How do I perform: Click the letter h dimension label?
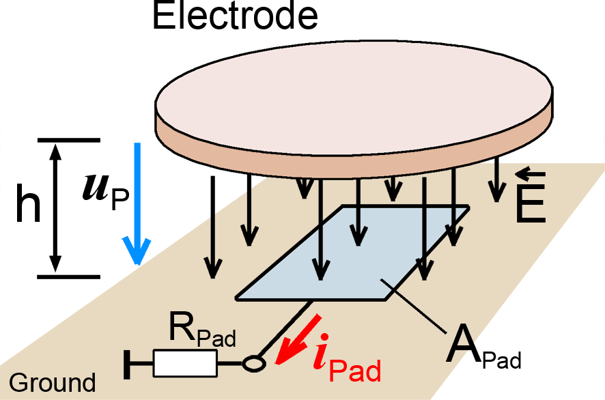[28, 208]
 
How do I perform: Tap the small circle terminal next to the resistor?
[253, 364]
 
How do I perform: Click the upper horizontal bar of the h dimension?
[68, 141]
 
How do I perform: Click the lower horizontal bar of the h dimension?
[68, 276]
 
